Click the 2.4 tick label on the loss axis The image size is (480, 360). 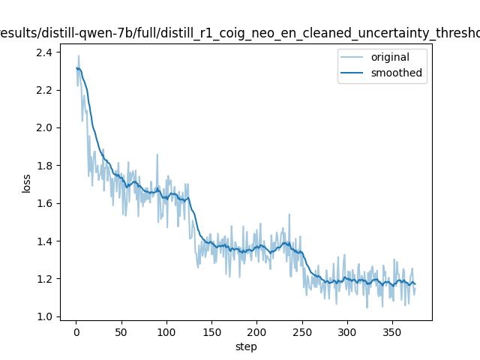click(x=44, y=52)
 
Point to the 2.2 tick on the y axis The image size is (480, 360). click(x=44, y=90)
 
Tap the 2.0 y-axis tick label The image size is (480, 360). click(x=44, y=127)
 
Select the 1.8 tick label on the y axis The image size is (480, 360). click(x=44, y=166)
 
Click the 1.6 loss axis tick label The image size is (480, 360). click(x=44, y=203)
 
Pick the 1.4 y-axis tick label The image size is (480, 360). click(x=44, y=241)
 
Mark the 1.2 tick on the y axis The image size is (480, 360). click(x=44, y=279)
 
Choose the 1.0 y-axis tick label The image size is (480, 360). click(x=44, y=316)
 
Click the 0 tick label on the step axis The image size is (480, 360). click(x=76, y=331)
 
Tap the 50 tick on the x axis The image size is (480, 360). click(x=121, y=331)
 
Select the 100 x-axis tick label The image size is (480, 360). click(x=166, y=331)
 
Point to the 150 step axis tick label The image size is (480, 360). click(x=211, y=331)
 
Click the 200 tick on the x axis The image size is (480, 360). click(x=257, y=331)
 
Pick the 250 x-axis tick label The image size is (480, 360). click(x=302, y=331)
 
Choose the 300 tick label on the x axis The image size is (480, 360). click(x=347, y=331)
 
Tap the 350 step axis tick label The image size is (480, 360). click(x=392, y=331)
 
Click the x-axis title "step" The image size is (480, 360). click(x=246, y=346)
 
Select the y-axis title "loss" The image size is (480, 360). click(x=26, y=183)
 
